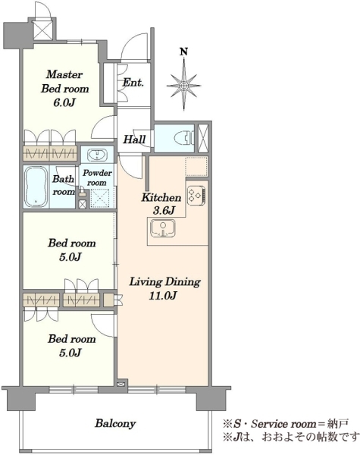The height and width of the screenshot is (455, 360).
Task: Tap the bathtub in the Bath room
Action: click(36, 187)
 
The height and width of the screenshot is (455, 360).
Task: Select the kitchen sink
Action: click(162, 228)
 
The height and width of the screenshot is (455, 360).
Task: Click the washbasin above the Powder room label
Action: click(97, 155)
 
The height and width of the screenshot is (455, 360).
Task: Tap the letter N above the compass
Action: click(183, 52)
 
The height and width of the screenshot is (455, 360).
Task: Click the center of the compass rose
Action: click(183, 86)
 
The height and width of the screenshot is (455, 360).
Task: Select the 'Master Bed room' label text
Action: click(64, 81)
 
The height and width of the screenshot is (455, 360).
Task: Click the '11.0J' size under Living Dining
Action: click(163, 296)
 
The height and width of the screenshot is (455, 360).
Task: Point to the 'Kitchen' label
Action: click(161, 198)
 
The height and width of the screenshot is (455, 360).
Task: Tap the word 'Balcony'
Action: click(115, 423)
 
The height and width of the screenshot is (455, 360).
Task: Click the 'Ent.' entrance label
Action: click(133, 83)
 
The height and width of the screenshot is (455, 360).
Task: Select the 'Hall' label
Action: click(134, 140)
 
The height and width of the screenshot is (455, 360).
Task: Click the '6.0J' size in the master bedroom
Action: click(64, 102)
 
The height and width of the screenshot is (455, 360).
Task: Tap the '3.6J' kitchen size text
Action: click(164, 211)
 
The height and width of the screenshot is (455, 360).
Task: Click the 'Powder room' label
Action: click(97, 177)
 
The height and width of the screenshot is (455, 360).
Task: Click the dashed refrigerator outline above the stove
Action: click(196, 166)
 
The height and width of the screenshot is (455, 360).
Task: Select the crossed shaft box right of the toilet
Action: click(203, 138)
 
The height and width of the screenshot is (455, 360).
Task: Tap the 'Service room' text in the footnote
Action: click(283, 424)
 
